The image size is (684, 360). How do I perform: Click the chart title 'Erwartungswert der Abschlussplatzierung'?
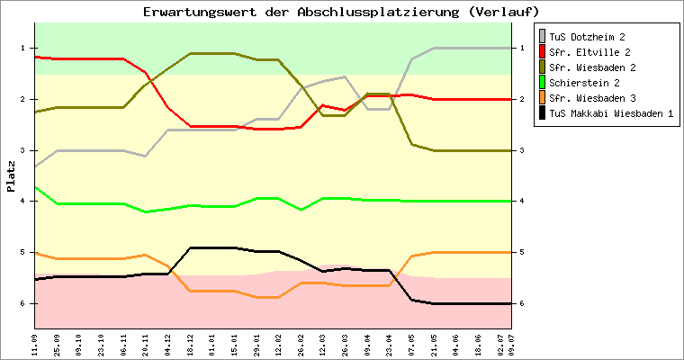[341, 12]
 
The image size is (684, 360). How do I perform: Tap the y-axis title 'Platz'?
[11, 175]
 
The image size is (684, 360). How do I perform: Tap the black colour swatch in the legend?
[542, 113]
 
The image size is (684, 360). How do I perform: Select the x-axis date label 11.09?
[35, 344]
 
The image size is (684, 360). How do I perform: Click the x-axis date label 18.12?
[190, 344]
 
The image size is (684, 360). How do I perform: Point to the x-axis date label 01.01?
[212, 344]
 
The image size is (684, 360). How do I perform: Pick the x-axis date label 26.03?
[345, 344]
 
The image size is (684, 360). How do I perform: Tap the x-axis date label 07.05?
[411, 344]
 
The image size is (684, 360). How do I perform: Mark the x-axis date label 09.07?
[511, 344]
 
